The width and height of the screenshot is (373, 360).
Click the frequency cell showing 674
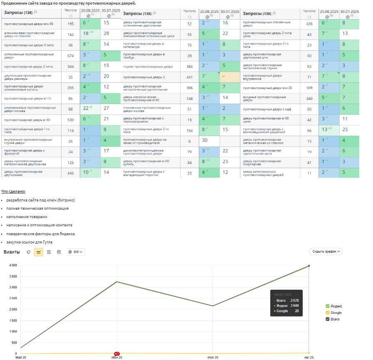tap(70, 56)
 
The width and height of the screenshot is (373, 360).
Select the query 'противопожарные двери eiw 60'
tap(29, 24)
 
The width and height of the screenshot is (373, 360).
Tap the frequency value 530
tap(70, 120)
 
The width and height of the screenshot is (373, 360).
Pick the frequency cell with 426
tap(309, 24)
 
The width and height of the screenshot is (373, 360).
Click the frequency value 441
tap(190, 77)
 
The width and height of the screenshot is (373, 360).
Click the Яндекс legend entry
tap(336, 306)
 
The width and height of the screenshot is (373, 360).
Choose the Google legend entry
tap(336, 313)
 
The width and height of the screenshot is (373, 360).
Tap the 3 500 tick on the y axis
tap(13, 276)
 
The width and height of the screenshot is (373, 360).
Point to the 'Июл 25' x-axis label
tap(212, 357)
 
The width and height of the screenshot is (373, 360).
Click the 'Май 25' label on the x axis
tap(20, 357)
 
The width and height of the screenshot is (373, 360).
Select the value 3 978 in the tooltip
tap(294, 300)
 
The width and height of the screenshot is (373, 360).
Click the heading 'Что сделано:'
tap(13, 191)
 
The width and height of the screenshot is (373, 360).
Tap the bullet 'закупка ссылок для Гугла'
tap(29, 242)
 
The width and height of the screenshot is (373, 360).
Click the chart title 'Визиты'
tap(11, 252)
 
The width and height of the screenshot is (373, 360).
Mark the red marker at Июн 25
tap(117, 353)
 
